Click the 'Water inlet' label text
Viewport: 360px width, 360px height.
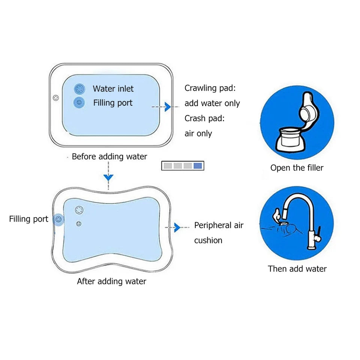pos(113,89)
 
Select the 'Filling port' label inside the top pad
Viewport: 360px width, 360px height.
pos(112,103)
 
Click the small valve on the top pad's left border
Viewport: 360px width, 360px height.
pos(56,98)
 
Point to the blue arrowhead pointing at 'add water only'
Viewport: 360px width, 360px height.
pos(168,107)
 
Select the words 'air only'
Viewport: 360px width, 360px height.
pos(198,133)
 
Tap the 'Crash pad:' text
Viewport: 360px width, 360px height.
pos(204,118)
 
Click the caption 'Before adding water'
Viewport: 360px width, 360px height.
pos(109,156)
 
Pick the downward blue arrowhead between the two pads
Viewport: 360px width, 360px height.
pos(108,177)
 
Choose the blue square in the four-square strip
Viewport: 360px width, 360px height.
pos(198,166)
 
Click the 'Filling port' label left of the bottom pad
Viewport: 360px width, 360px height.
pos(28,219)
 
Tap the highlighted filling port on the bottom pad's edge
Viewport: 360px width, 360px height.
pos(58,219)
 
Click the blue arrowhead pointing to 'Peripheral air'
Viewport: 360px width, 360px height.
pos(177,227)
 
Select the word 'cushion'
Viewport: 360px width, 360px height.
pos(208,240)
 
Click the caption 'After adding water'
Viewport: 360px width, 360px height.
pos(111,281)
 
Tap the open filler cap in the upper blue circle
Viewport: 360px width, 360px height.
pos(308,112)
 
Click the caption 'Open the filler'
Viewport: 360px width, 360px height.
pos(297,168)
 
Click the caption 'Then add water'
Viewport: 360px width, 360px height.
pos(297,268)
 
